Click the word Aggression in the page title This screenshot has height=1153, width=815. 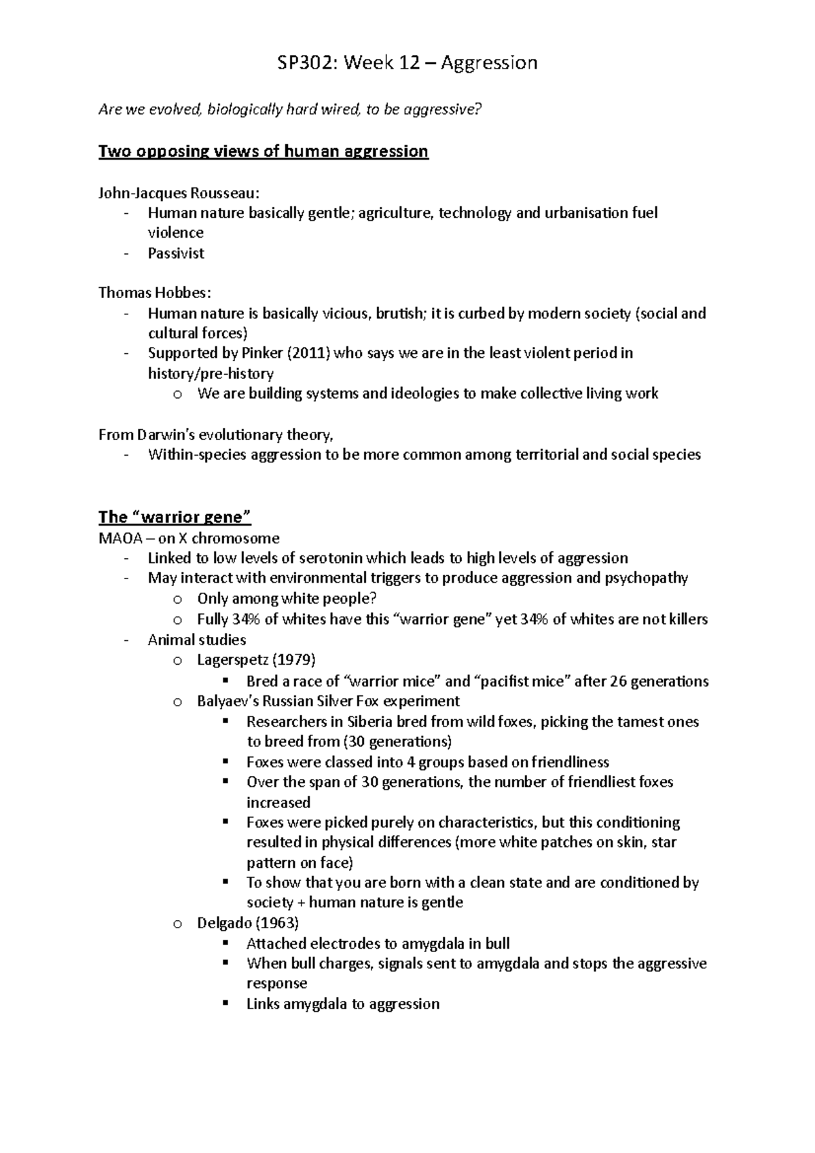click(x=489, y=63)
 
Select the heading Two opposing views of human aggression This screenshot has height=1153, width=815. click(x=263, y=151)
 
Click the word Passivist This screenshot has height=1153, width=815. click(x=176, y=253)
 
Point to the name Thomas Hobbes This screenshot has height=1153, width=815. click(x=155, y=293)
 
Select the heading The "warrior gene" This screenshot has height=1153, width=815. click(x=175, y=517)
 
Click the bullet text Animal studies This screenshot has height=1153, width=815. click(x=197, y=640)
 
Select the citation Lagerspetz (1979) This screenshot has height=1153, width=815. click(x=256, y=660)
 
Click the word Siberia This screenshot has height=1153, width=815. click(x=370, y=722)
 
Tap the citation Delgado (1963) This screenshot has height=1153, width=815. click(x=248, y=923)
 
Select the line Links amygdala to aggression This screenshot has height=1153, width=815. click(x=342, y=1004)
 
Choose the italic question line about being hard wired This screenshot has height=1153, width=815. click(x=289, y=109)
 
